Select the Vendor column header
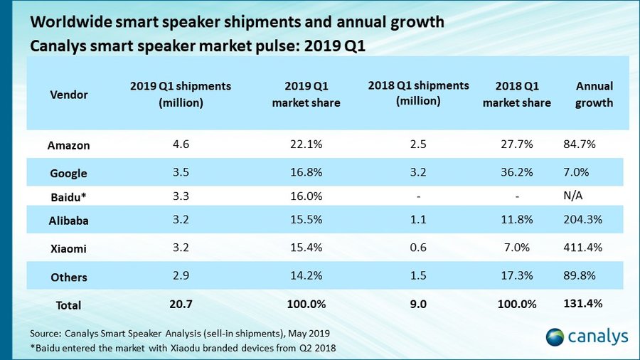[69, 95]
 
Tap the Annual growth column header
[594, 94]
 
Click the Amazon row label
[69, 145]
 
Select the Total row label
[69, 305]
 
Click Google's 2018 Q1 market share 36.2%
[517, 172]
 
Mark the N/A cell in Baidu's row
[572, 194]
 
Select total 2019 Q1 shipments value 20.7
[181, 304]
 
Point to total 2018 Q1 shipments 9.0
[418, 304]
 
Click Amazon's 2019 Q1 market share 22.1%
[306, 144]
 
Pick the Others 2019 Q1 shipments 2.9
[181, 277]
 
